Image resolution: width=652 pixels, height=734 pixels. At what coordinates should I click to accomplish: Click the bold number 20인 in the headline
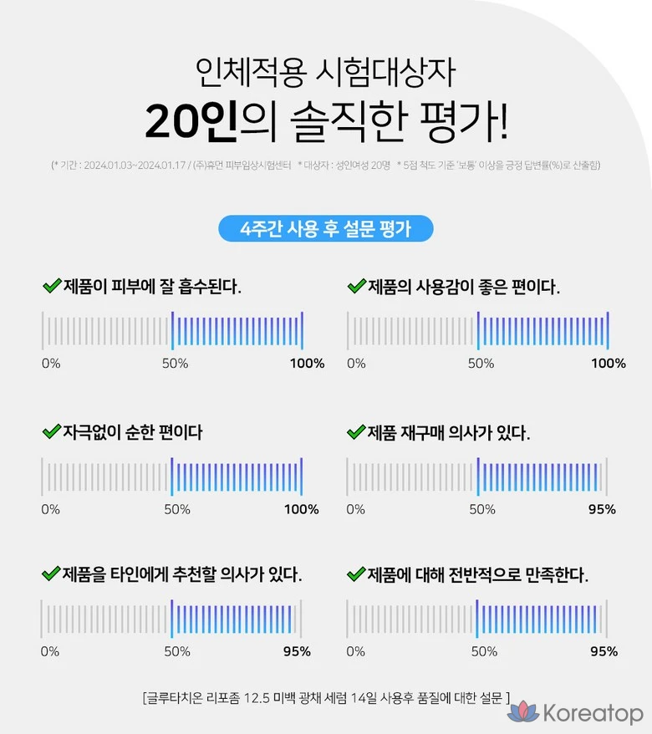[192, 122]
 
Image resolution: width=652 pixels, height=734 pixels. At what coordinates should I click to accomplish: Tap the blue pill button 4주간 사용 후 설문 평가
[325, 229]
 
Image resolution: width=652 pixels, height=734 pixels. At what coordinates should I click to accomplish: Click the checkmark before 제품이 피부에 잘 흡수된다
[52, 286]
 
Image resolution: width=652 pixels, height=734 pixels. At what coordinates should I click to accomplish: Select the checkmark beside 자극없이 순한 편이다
[52, 431]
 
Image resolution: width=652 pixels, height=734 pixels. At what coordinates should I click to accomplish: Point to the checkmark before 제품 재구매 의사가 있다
[356, 431]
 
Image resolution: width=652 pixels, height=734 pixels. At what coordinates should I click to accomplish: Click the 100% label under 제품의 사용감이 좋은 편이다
[608, 363]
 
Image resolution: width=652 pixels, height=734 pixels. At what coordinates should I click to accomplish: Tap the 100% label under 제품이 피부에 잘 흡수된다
[307, 363]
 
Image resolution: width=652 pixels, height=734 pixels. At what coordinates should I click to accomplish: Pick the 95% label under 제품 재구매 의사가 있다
[602, 509]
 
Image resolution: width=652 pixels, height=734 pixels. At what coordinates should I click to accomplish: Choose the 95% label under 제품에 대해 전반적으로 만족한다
[604, 651]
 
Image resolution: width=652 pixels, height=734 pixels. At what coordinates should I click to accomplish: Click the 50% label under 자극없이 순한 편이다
[176, 509]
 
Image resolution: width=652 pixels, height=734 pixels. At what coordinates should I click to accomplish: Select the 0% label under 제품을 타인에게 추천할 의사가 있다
[50, 651]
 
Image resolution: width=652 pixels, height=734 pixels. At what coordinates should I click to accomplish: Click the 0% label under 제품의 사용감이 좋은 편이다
[356, 363]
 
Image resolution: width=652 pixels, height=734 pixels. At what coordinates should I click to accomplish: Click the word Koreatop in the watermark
[592, 714]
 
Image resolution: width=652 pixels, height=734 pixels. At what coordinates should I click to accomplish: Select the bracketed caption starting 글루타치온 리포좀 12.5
[326, 696]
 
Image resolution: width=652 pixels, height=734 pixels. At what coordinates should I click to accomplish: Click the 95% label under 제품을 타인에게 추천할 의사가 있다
[297, 651]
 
